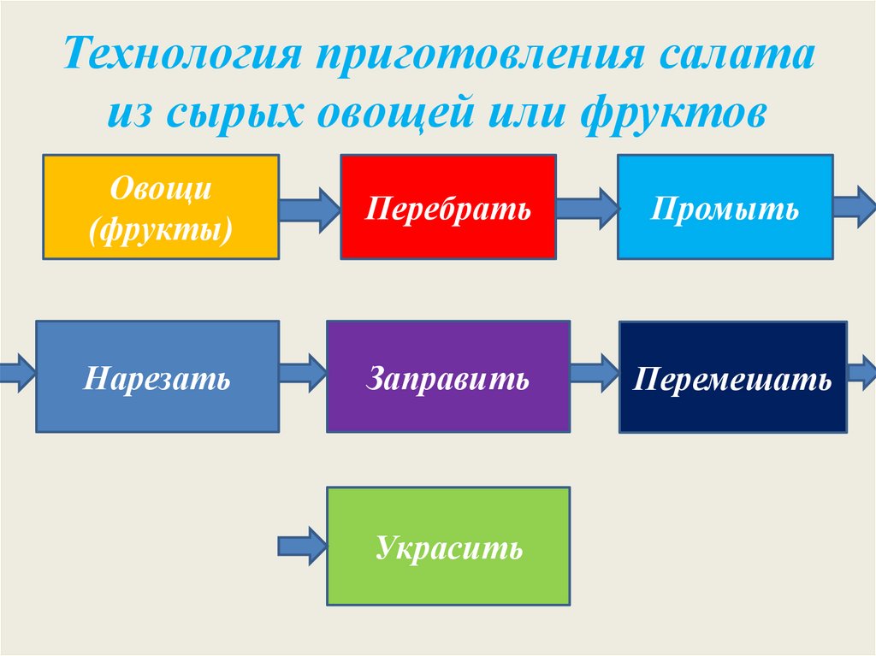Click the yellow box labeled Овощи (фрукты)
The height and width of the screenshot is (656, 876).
point(161,206)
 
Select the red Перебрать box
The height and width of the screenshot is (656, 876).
point(448,206)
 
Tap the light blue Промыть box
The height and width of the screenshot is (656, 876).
point(725,206)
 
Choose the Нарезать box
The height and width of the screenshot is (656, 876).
point(157,376)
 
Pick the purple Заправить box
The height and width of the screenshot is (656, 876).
point(448,376)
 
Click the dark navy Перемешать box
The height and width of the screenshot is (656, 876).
point(732,377)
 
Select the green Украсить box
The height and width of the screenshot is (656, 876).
point(448,546)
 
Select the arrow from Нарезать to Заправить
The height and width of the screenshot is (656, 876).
point(303,373)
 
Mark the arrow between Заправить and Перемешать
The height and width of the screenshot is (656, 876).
point(595,373)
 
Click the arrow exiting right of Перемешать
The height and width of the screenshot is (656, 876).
point(861,373)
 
